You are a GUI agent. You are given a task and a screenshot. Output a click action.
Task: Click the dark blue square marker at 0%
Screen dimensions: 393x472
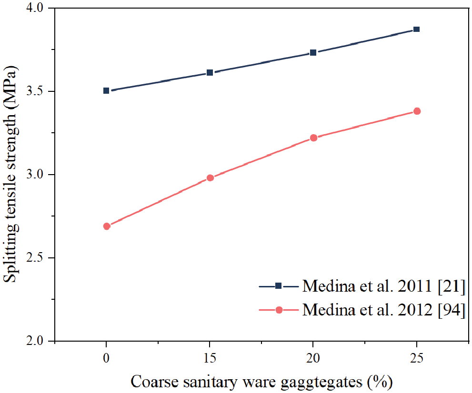pos(106,90)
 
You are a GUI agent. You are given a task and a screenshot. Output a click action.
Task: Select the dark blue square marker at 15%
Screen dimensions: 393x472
pos(210,72)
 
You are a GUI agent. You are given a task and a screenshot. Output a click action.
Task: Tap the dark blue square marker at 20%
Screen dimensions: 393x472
pos(313,52)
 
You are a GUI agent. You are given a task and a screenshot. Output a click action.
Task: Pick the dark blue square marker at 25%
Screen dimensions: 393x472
pos(416,29)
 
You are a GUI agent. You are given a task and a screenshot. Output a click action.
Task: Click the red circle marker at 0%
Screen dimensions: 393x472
pos(107,226)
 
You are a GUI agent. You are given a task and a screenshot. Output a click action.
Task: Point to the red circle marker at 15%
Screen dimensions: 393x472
pos(210,178)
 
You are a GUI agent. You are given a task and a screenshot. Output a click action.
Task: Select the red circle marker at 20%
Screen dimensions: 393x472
pos(313,138)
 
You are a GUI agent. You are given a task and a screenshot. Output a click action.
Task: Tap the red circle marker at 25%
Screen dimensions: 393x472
pos(417,111)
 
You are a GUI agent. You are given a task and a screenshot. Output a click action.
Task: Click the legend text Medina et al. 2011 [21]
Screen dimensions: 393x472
pos(383,286)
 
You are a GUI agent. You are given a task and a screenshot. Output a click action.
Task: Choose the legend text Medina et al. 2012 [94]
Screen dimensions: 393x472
pos(383,310)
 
